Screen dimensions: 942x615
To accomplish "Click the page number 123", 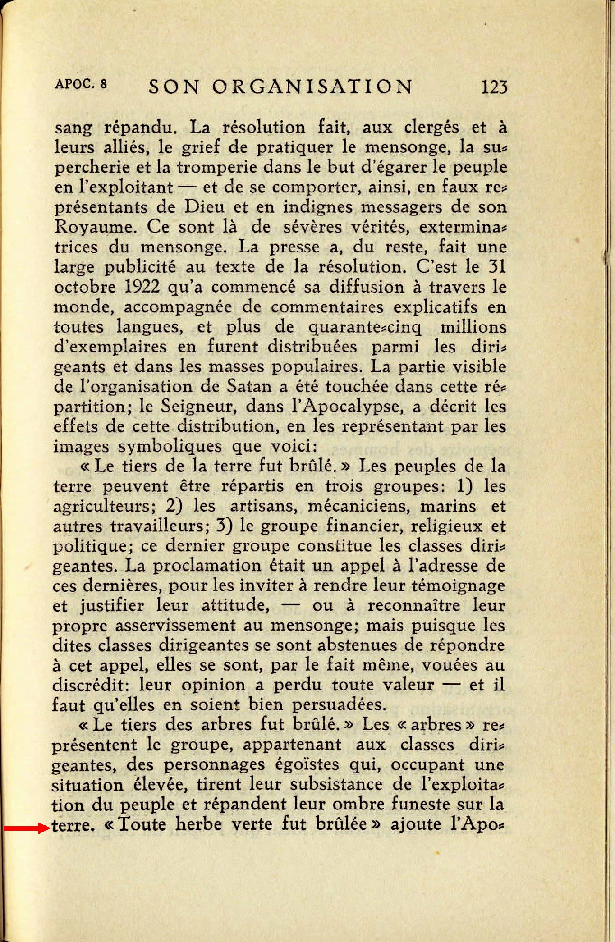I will click(x=494, y=87).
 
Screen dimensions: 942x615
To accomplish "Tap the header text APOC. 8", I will click(x=81, y=84).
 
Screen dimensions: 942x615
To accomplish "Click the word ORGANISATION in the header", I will click(x=312, y=87).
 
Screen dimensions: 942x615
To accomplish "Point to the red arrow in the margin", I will click(x=26, y=828).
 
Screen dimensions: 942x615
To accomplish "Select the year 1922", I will click(x=138, y=287).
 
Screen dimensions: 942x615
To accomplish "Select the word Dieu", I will click(x=203, y=207).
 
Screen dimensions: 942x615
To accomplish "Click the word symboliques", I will click(x=170, y=447).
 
